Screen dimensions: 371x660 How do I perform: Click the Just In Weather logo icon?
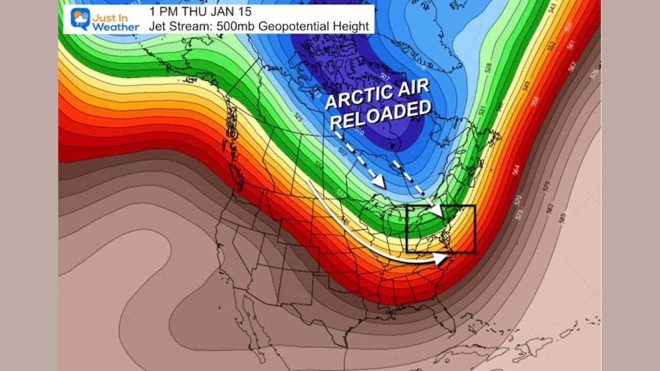click(80, 19)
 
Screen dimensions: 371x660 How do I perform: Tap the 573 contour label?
click(519, 214)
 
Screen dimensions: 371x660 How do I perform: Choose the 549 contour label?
click(526, 86)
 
